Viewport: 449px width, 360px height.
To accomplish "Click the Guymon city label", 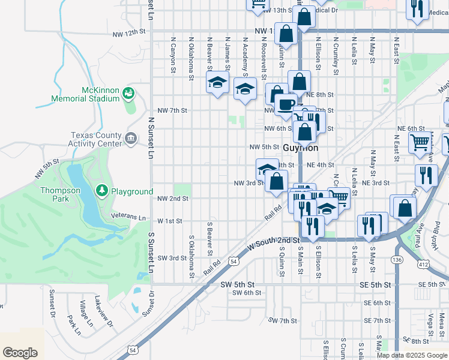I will (x=300, y=148).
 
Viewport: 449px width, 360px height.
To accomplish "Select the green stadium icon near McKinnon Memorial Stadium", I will (x=127, y=93).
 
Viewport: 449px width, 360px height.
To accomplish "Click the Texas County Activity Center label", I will (x=96, y=139).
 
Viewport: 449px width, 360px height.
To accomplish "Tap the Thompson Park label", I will (x=60, y=194).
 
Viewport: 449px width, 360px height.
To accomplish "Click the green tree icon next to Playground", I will (x=102, y=191).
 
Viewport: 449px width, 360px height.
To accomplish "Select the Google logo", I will (x=20, y=352).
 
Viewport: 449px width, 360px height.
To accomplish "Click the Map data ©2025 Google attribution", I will (x=411, y=355).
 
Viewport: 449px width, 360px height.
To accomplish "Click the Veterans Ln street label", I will (x=128, y=217).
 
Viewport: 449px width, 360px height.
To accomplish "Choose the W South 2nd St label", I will (x=273, y=242).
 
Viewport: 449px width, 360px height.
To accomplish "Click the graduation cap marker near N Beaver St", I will (x=217, y=84).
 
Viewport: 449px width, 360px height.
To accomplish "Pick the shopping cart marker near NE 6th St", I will (x=420, y=142).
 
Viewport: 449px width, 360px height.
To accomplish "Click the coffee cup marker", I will (x=286, y=104).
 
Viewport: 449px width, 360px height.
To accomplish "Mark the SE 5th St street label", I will (x=376, y=284).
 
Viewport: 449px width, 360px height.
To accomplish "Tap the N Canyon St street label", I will (x=172, y=58).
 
